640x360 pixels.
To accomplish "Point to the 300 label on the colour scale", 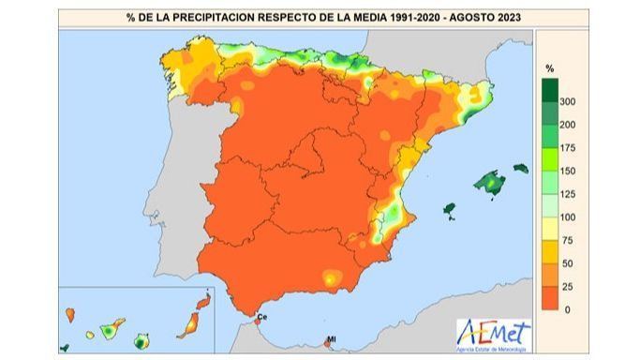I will click(567, 101).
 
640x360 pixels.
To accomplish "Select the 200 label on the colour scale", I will click(567, 125).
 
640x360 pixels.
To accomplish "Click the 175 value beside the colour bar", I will click(567, 147).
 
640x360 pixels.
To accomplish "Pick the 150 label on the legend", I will click(567, 171).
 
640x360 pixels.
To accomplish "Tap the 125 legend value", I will click(567, 194).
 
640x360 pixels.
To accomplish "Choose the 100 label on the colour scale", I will click(567, 217).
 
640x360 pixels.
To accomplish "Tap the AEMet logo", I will click(493, 334).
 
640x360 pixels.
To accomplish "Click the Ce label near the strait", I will click(261, 319).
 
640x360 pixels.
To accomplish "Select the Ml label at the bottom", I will click(331, 339).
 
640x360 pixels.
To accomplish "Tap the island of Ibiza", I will click(449, 209).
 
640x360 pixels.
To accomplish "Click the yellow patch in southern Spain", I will click(330, 278).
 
